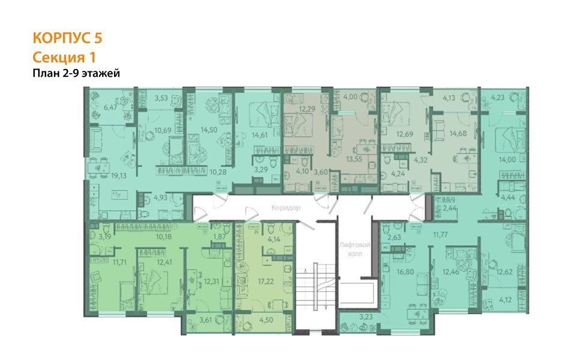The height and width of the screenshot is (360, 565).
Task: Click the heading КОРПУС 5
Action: coord(67,38)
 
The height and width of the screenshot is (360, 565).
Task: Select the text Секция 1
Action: coord(64,57)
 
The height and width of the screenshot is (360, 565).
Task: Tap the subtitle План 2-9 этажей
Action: coord(77,73)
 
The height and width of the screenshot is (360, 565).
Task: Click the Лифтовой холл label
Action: coord(354,250)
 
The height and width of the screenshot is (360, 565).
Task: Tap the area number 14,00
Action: coord(506,160)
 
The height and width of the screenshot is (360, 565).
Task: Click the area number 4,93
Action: coord(160,196)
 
